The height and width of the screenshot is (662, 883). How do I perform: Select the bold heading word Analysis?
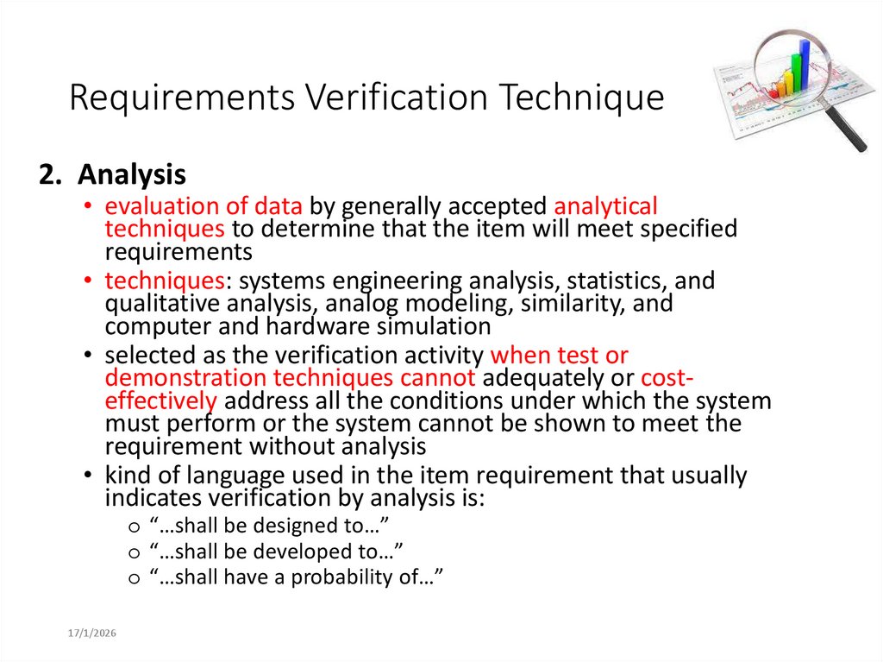pos(131,175)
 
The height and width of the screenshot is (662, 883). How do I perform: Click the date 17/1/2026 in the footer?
pos(92,634)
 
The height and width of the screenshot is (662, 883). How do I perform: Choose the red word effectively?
pos(160,400)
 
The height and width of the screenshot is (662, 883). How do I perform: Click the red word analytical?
pos(605,206)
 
